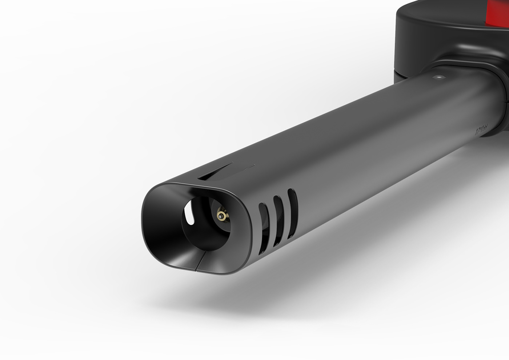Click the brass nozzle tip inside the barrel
pos(220,216)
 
